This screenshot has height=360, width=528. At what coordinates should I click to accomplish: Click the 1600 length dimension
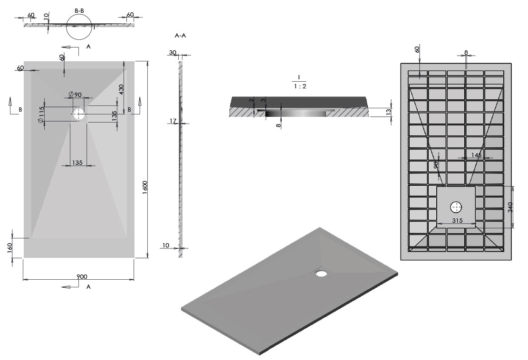point(145,187)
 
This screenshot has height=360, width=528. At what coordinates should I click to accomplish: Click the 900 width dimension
point(82,276)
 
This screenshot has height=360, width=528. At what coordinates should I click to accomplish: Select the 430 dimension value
point(122,89)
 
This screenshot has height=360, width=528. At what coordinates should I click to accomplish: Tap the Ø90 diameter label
point(75,95)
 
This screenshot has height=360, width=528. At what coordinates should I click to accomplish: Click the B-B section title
point(79,11)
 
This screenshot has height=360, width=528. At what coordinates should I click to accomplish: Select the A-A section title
point(181,35)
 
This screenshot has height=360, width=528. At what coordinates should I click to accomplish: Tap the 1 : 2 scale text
point(300,86)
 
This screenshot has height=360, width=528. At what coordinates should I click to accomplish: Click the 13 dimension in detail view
point(388,111)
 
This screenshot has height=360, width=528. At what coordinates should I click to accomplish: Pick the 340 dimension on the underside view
point(510,207)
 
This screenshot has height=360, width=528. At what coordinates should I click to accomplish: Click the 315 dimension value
point(457,221)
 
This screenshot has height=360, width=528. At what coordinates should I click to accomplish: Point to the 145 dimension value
point(477,155)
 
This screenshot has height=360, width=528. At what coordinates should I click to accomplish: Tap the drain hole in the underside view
point(456,207)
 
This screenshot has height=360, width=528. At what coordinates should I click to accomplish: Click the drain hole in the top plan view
point(79,114)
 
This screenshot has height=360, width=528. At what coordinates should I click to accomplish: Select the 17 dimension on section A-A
point(173,121)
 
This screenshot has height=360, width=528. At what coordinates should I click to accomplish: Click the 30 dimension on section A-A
point(173,53)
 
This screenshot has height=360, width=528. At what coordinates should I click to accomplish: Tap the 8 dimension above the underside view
point(466,53)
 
